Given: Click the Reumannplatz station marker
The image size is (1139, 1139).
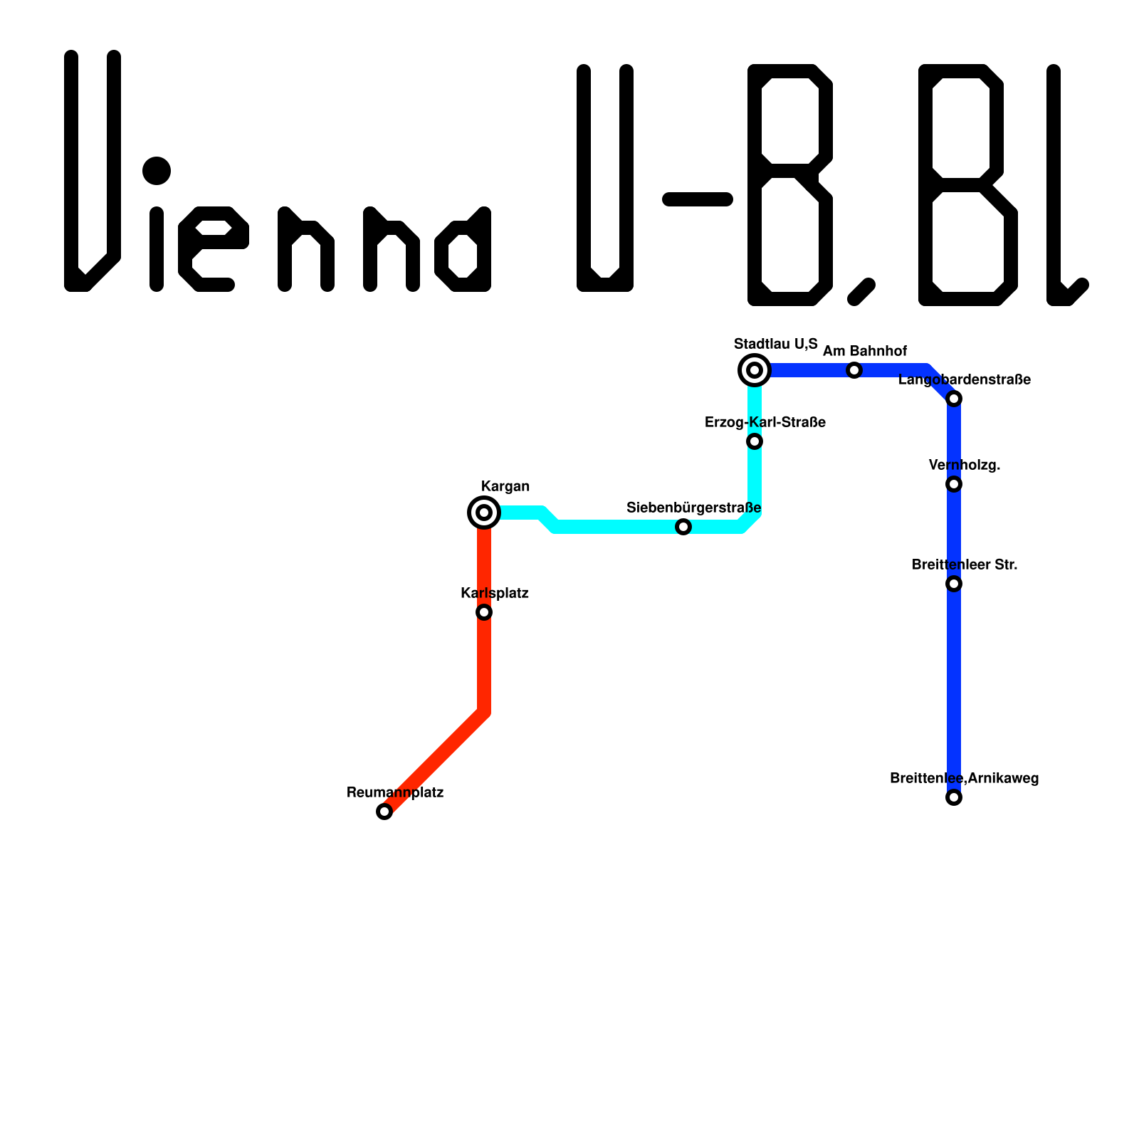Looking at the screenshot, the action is [384, 812].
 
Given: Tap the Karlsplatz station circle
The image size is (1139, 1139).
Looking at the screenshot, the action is [484, 612].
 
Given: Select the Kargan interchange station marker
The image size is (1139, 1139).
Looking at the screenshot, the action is [484, 513].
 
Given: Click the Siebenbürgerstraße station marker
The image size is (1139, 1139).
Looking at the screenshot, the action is [683, 527].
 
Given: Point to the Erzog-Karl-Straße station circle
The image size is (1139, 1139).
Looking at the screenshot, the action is [755, 442].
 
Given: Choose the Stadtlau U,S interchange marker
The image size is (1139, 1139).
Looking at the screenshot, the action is [755, 370].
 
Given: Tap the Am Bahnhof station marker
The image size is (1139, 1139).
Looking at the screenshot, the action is [854, 370].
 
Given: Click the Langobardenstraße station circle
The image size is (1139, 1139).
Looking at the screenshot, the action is [954, 399].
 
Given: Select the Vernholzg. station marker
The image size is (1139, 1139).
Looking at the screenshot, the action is [954, 485].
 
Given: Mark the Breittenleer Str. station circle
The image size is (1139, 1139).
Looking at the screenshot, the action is [954, 584].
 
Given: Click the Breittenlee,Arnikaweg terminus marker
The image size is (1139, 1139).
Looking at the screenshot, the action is [954, 797].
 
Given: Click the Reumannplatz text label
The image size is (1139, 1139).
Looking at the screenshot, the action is [395, 792].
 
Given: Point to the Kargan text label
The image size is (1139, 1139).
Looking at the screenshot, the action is [505, 486].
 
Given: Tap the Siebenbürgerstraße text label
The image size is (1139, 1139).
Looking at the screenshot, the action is [693, 508].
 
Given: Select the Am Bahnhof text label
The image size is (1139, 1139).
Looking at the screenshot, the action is [865, 351].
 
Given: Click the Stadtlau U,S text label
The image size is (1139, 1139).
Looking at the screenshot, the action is [776, 344].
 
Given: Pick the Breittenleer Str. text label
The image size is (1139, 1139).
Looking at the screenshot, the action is [965, 565].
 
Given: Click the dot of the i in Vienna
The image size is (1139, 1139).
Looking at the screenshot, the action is [157, 171].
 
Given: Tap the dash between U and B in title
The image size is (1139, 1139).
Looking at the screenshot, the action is [698, 199].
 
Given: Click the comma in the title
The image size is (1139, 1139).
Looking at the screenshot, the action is [861, 291].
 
